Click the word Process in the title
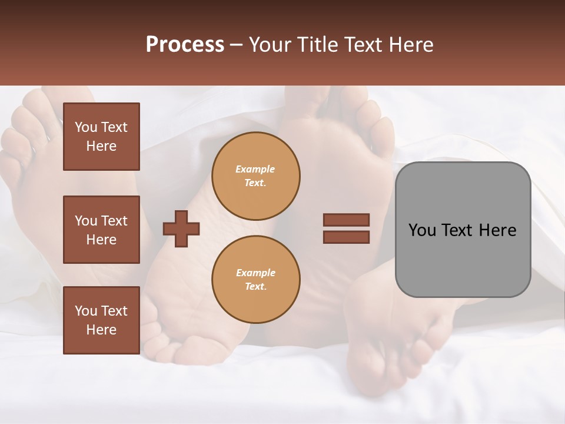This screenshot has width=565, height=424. tap(185, 45)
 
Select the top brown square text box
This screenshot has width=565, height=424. tap(101, 137)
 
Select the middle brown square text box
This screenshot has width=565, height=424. tap(101, 230)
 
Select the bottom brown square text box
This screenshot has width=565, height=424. tap(101, 320)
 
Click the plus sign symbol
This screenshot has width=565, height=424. tap(181, 228)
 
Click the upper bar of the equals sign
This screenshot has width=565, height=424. tap(346, 220)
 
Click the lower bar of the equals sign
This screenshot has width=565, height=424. tap(346, 237)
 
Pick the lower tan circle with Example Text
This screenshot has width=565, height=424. tap(255, 279)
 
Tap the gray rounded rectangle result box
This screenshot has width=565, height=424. tap(463, 259)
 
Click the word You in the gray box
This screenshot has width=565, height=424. tap(422, 230)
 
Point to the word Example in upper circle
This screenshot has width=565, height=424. tap(255, 169)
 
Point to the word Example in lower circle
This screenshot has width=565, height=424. tap(255, 273)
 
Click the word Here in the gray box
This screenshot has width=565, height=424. tap(497, 230)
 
